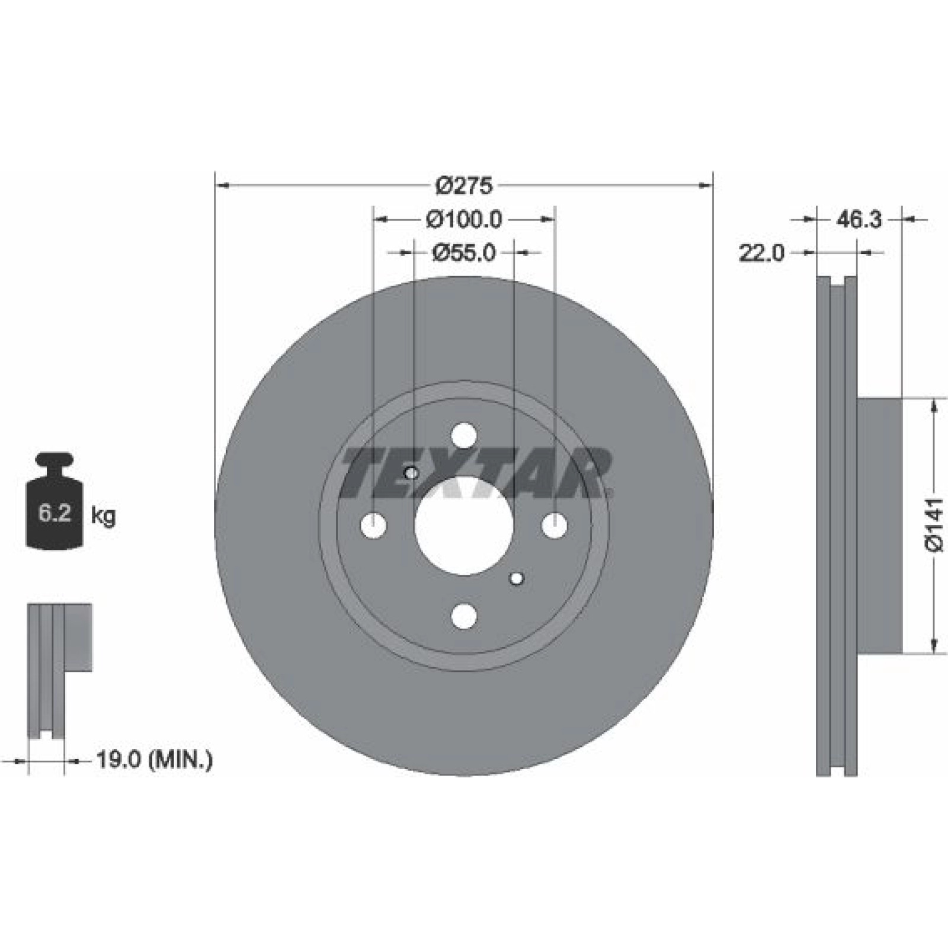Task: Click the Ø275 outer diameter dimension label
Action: (x=464, y=186)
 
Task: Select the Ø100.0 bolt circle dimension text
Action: (x=464, y=220)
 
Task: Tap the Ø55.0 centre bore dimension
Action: (x=464, y=253)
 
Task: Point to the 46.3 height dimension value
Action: (x=859, y=220)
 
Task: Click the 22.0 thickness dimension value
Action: (x=761, y=254)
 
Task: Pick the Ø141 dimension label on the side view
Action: (x=934, y=525)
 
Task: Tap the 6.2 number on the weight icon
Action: (x=55, y=513)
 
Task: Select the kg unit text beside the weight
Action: (x=103, y=516)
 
